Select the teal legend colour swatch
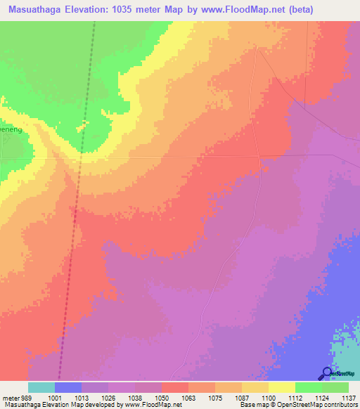pyautogui.click(x=41, y=387)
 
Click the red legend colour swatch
pyautogui.click(x=175, y=387)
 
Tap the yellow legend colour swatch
pyautogui.click(x=282, y=387)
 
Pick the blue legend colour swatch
pyautogui.click(x=68, y=387)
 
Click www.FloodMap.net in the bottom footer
pyautogui.click(x=147, y=405)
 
